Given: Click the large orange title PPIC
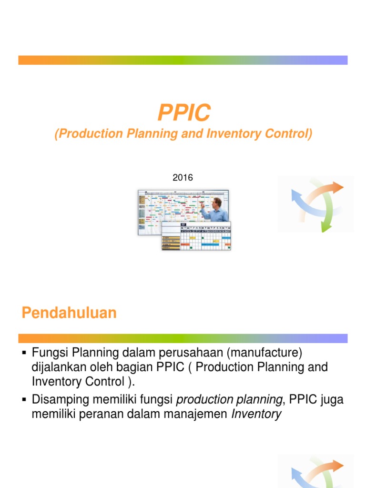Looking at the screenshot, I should [x=183, y=113].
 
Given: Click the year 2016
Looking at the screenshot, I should [x=183, y=178].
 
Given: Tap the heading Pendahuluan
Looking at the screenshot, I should [x=69, y=313].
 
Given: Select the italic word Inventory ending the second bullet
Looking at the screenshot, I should [x=256, y=414].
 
